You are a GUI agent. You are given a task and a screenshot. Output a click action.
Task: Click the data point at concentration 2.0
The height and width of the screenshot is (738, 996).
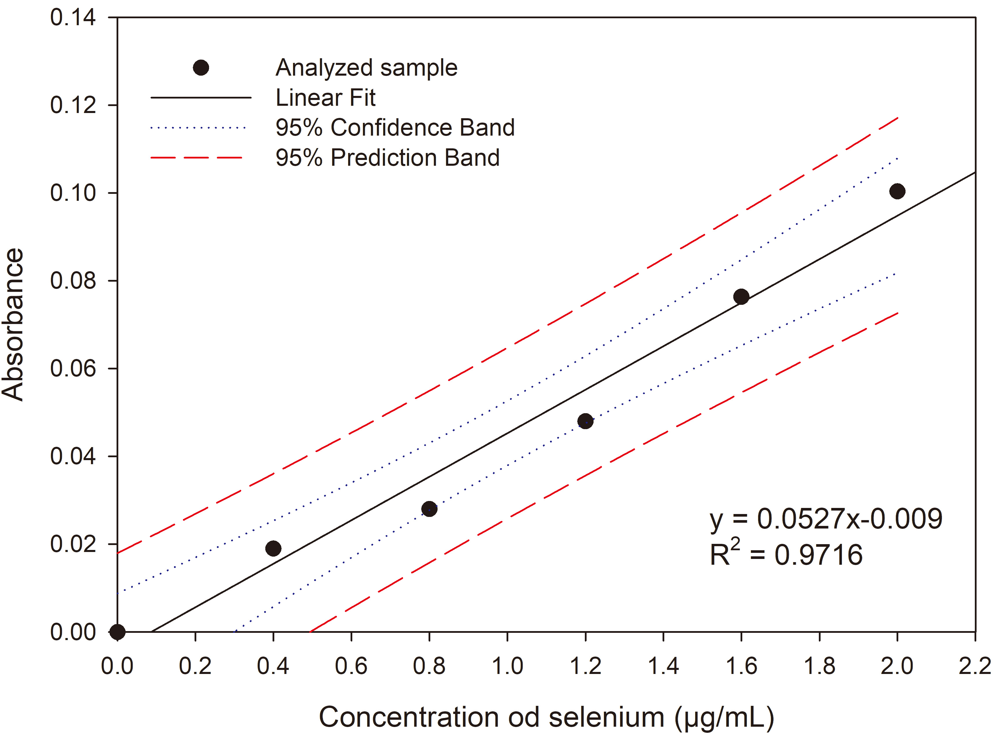(897, 191)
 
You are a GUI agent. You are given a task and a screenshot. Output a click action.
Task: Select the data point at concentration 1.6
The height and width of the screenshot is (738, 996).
(741, 297)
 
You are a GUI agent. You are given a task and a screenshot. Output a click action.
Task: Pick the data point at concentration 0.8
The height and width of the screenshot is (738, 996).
(429, 509)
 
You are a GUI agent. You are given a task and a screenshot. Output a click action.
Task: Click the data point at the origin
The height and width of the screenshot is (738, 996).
(117, 632)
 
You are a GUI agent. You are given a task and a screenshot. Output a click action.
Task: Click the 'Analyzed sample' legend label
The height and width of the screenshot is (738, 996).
(366, 68)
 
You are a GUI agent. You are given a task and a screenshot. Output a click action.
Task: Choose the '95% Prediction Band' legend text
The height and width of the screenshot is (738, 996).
(387, 157)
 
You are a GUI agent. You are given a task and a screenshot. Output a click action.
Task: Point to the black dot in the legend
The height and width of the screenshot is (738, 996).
(201, 68)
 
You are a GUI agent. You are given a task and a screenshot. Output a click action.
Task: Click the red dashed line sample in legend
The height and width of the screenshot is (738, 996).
(197, 158)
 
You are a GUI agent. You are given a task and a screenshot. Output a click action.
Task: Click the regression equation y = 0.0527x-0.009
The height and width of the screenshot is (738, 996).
(826, 520)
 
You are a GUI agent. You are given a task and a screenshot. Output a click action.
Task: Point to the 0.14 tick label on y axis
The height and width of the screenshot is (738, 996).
(73, 18)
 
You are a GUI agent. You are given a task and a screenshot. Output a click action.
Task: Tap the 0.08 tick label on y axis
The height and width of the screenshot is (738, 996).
(73, 280)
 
